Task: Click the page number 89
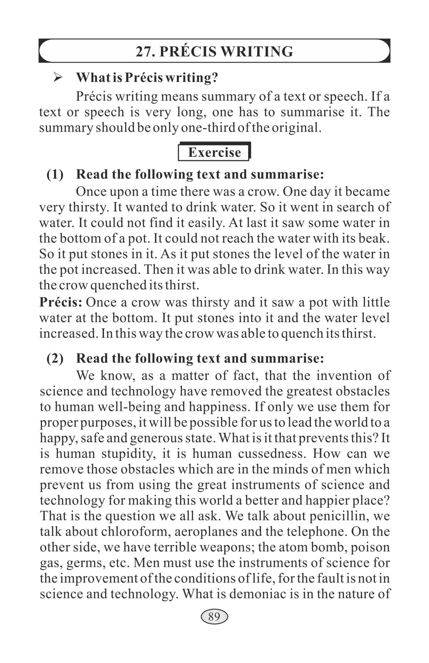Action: click(214, 616)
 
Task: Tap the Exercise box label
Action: click(214, 152)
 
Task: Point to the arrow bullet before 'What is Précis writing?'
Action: click(58, 77)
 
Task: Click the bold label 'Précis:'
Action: click(60, 302)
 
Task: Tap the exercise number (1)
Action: click(55, 174)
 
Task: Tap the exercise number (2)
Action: click(55, 358)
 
